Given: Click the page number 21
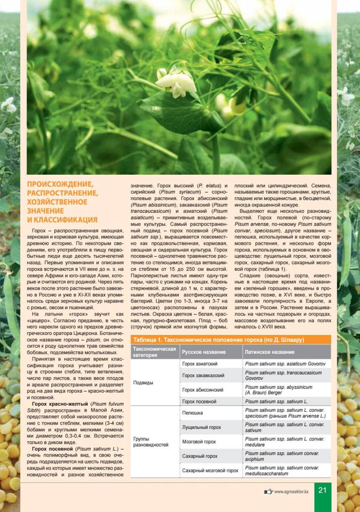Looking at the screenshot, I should (x=323, y=490).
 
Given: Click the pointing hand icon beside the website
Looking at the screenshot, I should (x=269, y=491).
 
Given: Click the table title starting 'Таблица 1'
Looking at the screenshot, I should (x=218, y=340).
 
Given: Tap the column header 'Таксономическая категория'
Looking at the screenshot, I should (x=154, y=352).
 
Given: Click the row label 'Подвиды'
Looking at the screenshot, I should (x=143, y=383).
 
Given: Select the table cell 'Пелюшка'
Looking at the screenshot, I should (x=192, y=413).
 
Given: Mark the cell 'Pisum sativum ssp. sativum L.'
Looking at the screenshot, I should (x=276, y=401).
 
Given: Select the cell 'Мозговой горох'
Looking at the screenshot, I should (x=199, y=442).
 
